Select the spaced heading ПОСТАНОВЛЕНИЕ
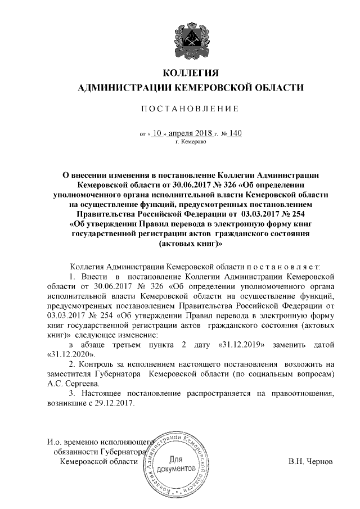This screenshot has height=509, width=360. (x=190, y=108)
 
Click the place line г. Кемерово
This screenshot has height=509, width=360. (x=191, y=142)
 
